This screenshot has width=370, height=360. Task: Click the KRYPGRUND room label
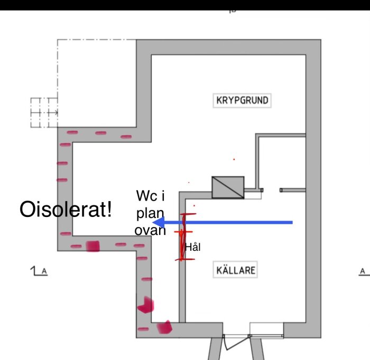click(242, 101)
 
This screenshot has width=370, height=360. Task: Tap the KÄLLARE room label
click(235, 270)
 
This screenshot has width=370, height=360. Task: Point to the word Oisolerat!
click(66, 209)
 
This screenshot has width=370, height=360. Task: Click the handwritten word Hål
click(193, 247)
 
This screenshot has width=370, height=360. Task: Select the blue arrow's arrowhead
click(159, 222)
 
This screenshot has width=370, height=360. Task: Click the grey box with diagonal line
click(228, 187)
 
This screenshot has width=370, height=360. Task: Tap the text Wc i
click(150, 195)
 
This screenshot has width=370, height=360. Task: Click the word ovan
click(150, 230)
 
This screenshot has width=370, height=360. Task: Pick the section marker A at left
click(39, 271)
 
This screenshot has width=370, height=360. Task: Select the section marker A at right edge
click(364, 272)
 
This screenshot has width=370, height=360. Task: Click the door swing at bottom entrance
click(236, 343)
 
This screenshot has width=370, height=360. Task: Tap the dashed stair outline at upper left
click(44, 112)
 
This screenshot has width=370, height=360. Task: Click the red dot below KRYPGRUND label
click(234, 159)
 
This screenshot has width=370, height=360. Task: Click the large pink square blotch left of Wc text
click(92, 246)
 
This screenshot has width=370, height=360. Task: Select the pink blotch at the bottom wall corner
click(164, 327)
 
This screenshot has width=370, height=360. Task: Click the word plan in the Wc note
click(150, 214)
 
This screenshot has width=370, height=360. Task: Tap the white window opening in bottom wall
click(266, 329)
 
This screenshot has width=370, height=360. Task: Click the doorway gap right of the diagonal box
click(271, 190)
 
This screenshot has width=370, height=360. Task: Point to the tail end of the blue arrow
click(292, 222)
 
